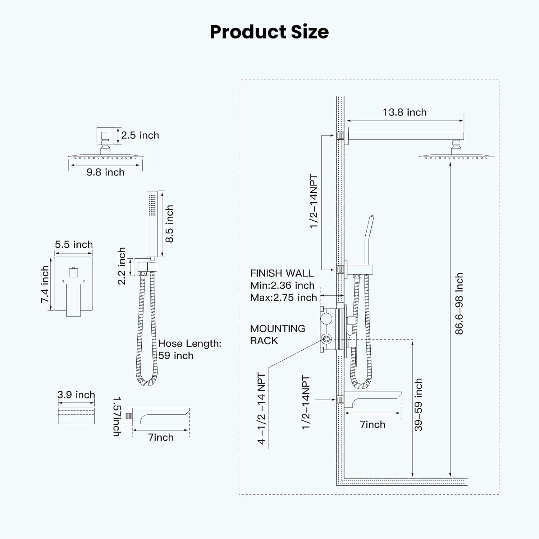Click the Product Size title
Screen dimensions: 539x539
click(269, 32)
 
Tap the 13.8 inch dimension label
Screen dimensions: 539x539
click(405, 112)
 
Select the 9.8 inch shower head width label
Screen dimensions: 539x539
click(105, 172)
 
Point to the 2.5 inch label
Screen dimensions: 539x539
click(140, 135)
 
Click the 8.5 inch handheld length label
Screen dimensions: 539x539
click(169, 224)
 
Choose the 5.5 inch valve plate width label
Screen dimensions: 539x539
click(74, 245)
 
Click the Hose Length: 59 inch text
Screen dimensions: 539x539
click(190, 350)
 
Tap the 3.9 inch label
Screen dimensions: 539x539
click(76, 395)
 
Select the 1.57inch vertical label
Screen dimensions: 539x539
click(117, 416)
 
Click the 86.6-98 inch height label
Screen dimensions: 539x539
click(459, 304)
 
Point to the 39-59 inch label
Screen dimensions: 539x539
click(418, 405)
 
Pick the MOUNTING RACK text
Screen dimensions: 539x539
click(278, 335)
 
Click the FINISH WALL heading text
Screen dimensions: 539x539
click(282, 273)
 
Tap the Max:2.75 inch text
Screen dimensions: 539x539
click(284, 298)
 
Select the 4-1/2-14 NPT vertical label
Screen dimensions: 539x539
click(261, 409)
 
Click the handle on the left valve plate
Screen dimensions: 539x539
click(73, 300)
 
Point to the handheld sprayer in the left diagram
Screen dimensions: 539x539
click(152, 225)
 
